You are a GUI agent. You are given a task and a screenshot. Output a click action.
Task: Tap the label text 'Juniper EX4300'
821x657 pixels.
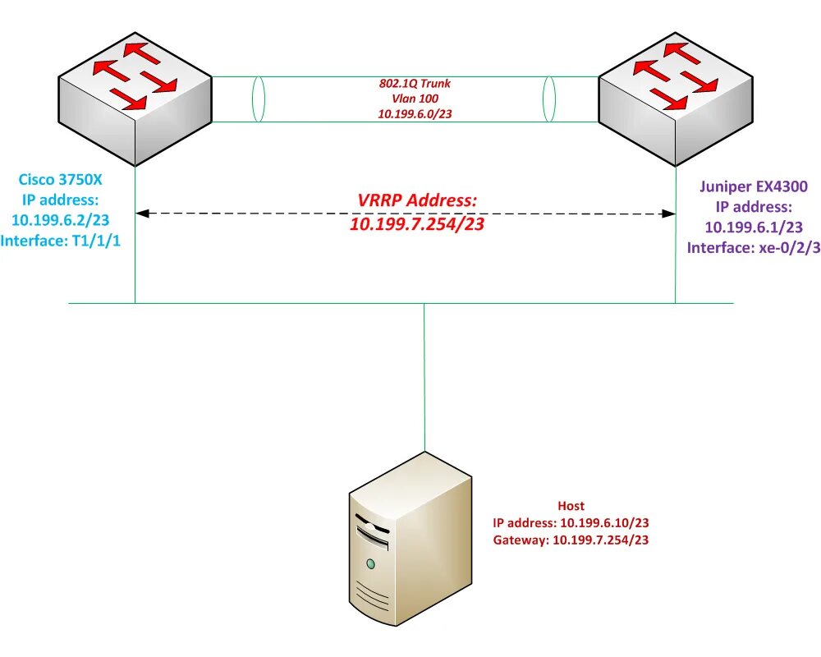753,186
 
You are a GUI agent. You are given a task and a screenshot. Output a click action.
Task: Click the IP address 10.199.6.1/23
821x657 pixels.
753,227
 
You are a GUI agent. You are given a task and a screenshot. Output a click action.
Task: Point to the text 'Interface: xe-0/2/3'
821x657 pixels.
753,248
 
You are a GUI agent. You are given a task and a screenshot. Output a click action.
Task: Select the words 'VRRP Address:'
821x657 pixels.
417,200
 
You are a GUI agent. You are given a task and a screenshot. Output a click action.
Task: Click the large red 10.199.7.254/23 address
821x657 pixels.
417,223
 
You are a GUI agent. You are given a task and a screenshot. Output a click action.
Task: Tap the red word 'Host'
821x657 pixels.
571,506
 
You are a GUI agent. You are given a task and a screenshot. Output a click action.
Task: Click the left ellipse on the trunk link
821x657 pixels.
259,99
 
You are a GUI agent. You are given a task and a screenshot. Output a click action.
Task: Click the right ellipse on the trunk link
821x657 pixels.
549,99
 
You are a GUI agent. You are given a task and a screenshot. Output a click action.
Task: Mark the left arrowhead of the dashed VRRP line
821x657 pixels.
141,214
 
